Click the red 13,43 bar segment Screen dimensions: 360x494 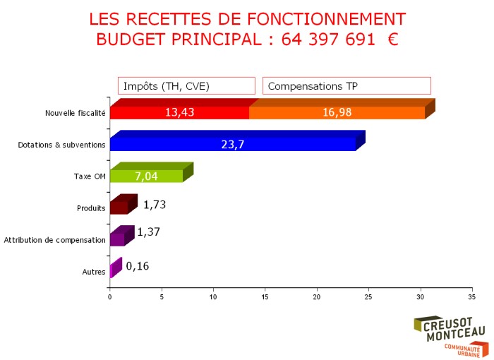click(x=179, y=112)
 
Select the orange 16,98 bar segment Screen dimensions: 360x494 click(x=337, y=112)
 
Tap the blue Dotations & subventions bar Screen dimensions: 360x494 click(x=233, y=144)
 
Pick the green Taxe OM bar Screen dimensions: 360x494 click(x=146, y=176)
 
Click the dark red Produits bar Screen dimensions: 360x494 click(x=119, y=208)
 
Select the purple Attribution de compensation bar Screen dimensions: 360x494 click(x=118, y=239)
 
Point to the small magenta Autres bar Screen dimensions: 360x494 click(x=111, y=271)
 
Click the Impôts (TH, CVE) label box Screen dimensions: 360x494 click(x=186, y=85)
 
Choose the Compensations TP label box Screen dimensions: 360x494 click(x=347, y=85)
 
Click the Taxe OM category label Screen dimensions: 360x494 click(x=90, y=176)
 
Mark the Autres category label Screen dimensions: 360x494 click(x=94, y=272)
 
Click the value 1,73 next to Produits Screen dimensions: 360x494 click(x=154, y=205)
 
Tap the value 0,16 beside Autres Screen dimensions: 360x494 click(x=137, y=266)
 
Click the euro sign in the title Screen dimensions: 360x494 click(x=392, y=40)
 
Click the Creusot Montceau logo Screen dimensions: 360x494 click(x=449, y=335)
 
